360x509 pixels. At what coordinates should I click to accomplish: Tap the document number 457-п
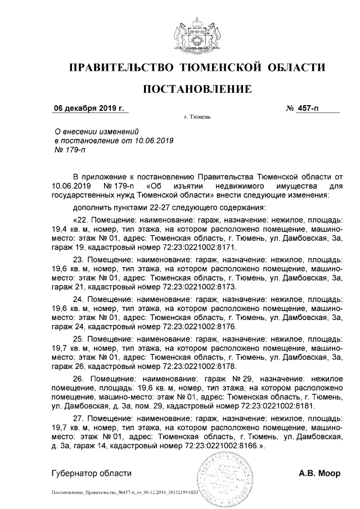click(x=308, y=107)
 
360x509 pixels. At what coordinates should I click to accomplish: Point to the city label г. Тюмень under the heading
click(x=197, y=117)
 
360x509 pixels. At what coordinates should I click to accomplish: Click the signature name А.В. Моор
click(x=319, y=474)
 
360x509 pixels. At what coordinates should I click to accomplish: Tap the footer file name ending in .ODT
click(x=124, y=492)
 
